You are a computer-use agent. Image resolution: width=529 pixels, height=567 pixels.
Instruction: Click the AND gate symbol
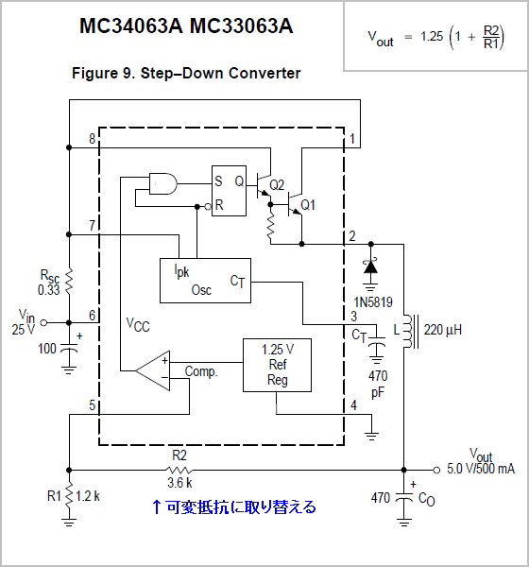pyautogui.click(x=163, y=183)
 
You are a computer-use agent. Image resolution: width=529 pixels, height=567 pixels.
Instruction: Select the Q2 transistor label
pyautogui.click(x=277, y=185)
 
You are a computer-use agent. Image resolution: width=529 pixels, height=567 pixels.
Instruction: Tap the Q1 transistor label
pyautogui.click(x=308, y=205)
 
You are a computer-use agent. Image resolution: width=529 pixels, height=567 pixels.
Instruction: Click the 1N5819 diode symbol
pyautogui.click(x=370, y=266)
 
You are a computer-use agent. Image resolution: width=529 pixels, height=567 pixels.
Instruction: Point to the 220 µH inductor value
pyautogui.click(x=443, y=330)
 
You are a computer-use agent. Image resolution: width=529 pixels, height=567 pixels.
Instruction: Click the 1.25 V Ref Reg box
pyautogui.click(x=277, y=365)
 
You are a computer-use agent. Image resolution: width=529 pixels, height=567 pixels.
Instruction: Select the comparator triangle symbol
pyautogui.click(x=153, y=370)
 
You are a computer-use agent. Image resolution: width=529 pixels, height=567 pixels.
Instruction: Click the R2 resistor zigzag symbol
pyautogui.click(x=179, y=470)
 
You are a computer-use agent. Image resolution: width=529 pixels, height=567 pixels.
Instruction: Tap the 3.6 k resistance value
pyautogui.click(x=179, y=483)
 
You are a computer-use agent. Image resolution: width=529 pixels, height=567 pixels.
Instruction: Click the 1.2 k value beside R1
pyautogui.click(x=88, y=496)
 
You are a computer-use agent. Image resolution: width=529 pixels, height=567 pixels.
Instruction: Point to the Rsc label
pyautogui.click(x=49, y=276)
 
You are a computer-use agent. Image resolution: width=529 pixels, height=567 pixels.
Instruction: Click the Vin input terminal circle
pyautogui.click(x=43, y=322)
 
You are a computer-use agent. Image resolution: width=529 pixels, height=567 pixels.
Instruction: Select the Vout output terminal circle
pyautogui.click(x=436, y=470)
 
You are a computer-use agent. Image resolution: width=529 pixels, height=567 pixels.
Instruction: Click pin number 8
pyautogui.click(x=93, y=139)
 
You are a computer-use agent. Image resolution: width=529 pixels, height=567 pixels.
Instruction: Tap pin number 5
pyautogui.click(x=93, y=405)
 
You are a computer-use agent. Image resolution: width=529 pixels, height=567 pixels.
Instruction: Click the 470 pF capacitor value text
pyautogui.click(x=378, y=385)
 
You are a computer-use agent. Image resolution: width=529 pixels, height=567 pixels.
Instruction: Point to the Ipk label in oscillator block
pyautogui.click(x=181, y=271)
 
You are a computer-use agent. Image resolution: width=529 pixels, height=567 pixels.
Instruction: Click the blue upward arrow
pyautogui.click(x=156, y=507)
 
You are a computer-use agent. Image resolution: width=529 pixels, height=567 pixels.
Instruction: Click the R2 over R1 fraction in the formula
pyautogui.click(x=492, y=37)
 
